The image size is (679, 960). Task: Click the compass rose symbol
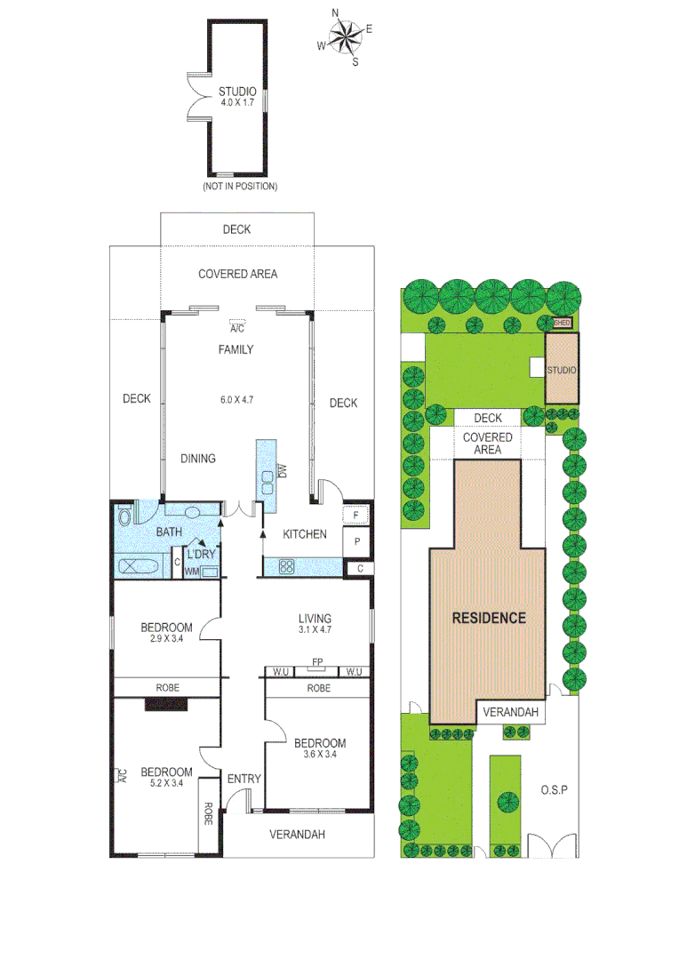click(346, 36)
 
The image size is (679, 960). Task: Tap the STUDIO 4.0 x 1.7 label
click(237, 97)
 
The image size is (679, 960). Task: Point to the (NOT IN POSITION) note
click(239, 187)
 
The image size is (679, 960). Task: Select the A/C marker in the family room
click(236, 327)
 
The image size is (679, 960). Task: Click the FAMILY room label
click(236, 349)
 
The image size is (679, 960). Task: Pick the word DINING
click(198, 459)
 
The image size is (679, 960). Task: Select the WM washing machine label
click(190, 572)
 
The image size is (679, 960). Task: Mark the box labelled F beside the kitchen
click(356, 515)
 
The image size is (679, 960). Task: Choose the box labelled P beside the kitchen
click(356, 541)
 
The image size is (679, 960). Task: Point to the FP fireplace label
click(316, 662)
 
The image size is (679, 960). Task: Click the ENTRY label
click(244, 779)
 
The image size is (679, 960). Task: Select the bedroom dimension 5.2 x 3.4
click(166, 783)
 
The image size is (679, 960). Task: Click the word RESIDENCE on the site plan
click(488, 618)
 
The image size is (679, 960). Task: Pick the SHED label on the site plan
click(562, 324)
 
